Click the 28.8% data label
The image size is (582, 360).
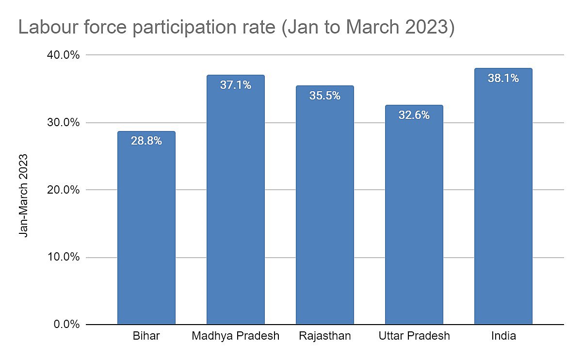(x=146, y=141)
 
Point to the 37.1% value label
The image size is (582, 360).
(x=235, y=85)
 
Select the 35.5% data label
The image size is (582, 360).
(x=324, y=96)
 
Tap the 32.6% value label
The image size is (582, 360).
(x=414, y=115)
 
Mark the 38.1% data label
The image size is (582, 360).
(x=503, y=78)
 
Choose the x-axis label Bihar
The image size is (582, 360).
(x=146, y=336)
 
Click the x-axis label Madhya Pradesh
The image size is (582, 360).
(x=235, y=336)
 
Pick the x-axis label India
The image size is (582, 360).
(x=503, y=336)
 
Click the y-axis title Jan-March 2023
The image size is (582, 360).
(x=23, y=195)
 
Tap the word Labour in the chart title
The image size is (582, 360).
(x=48, y=28)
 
